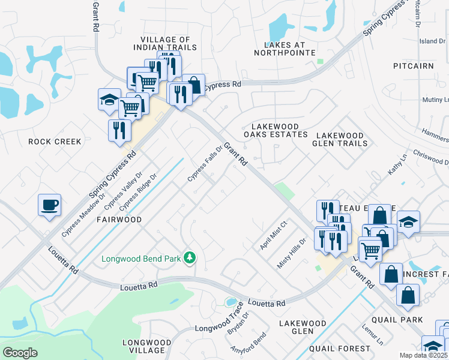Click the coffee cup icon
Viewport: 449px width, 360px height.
tap(49, 205)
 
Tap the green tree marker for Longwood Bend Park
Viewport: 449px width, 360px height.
tap(190, 258)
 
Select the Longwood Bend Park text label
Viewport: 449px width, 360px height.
tap(142, 259)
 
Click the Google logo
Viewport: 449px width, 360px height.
tap(20, 352)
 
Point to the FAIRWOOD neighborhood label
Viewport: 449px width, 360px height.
tap(119, 220)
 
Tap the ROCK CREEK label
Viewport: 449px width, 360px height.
tap(55, 142)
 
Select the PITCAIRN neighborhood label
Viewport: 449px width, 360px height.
tap(413, 65)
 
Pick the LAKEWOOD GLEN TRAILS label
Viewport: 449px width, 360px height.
tap(340, 140)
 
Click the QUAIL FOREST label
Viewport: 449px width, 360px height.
tap(339, 348)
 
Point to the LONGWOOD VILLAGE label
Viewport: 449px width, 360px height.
tap(143, 346)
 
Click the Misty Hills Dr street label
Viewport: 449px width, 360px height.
tap(292, 253)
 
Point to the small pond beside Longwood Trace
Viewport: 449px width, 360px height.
tap(230, 302)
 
